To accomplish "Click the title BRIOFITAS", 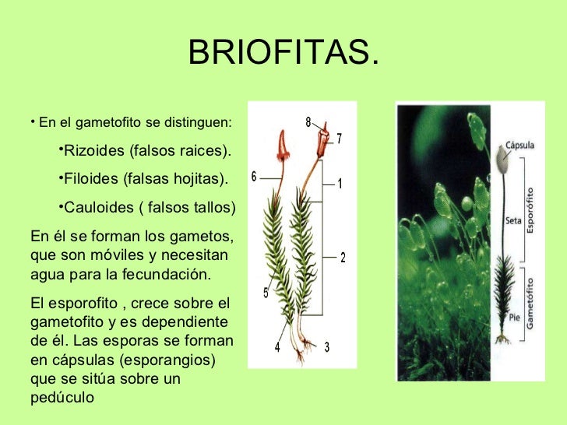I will point(283,54).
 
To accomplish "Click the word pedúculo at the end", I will point(61,396).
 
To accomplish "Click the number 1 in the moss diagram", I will point(340,184).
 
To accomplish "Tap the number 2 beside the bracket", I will point(343,258).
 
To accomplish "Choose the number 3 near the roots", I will point(326,348).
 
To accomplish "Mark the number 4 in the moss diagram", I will point(276,348).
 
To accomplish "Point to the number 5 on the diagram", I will point(266,293).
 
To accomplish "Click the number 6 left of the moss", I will point(254,177).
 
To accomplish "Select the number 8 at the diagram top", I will point(308,121).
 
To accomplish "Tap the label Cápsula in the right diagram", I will point(519,145).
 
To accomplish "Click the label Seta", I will point(513,220).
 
